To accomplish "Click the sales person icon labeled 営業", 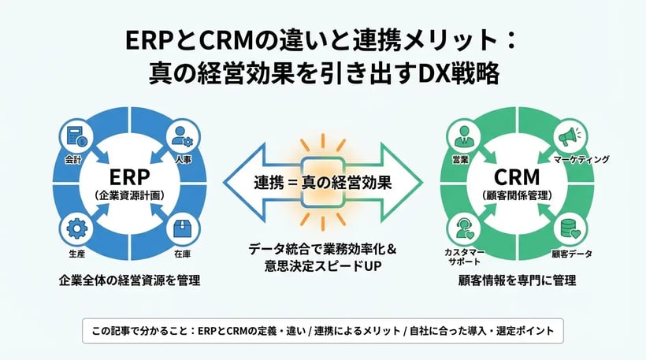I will point(462,136).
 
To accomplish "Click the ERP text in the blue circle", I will point(128,175).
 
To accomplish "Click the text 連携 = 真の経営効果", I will point(322,181).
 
